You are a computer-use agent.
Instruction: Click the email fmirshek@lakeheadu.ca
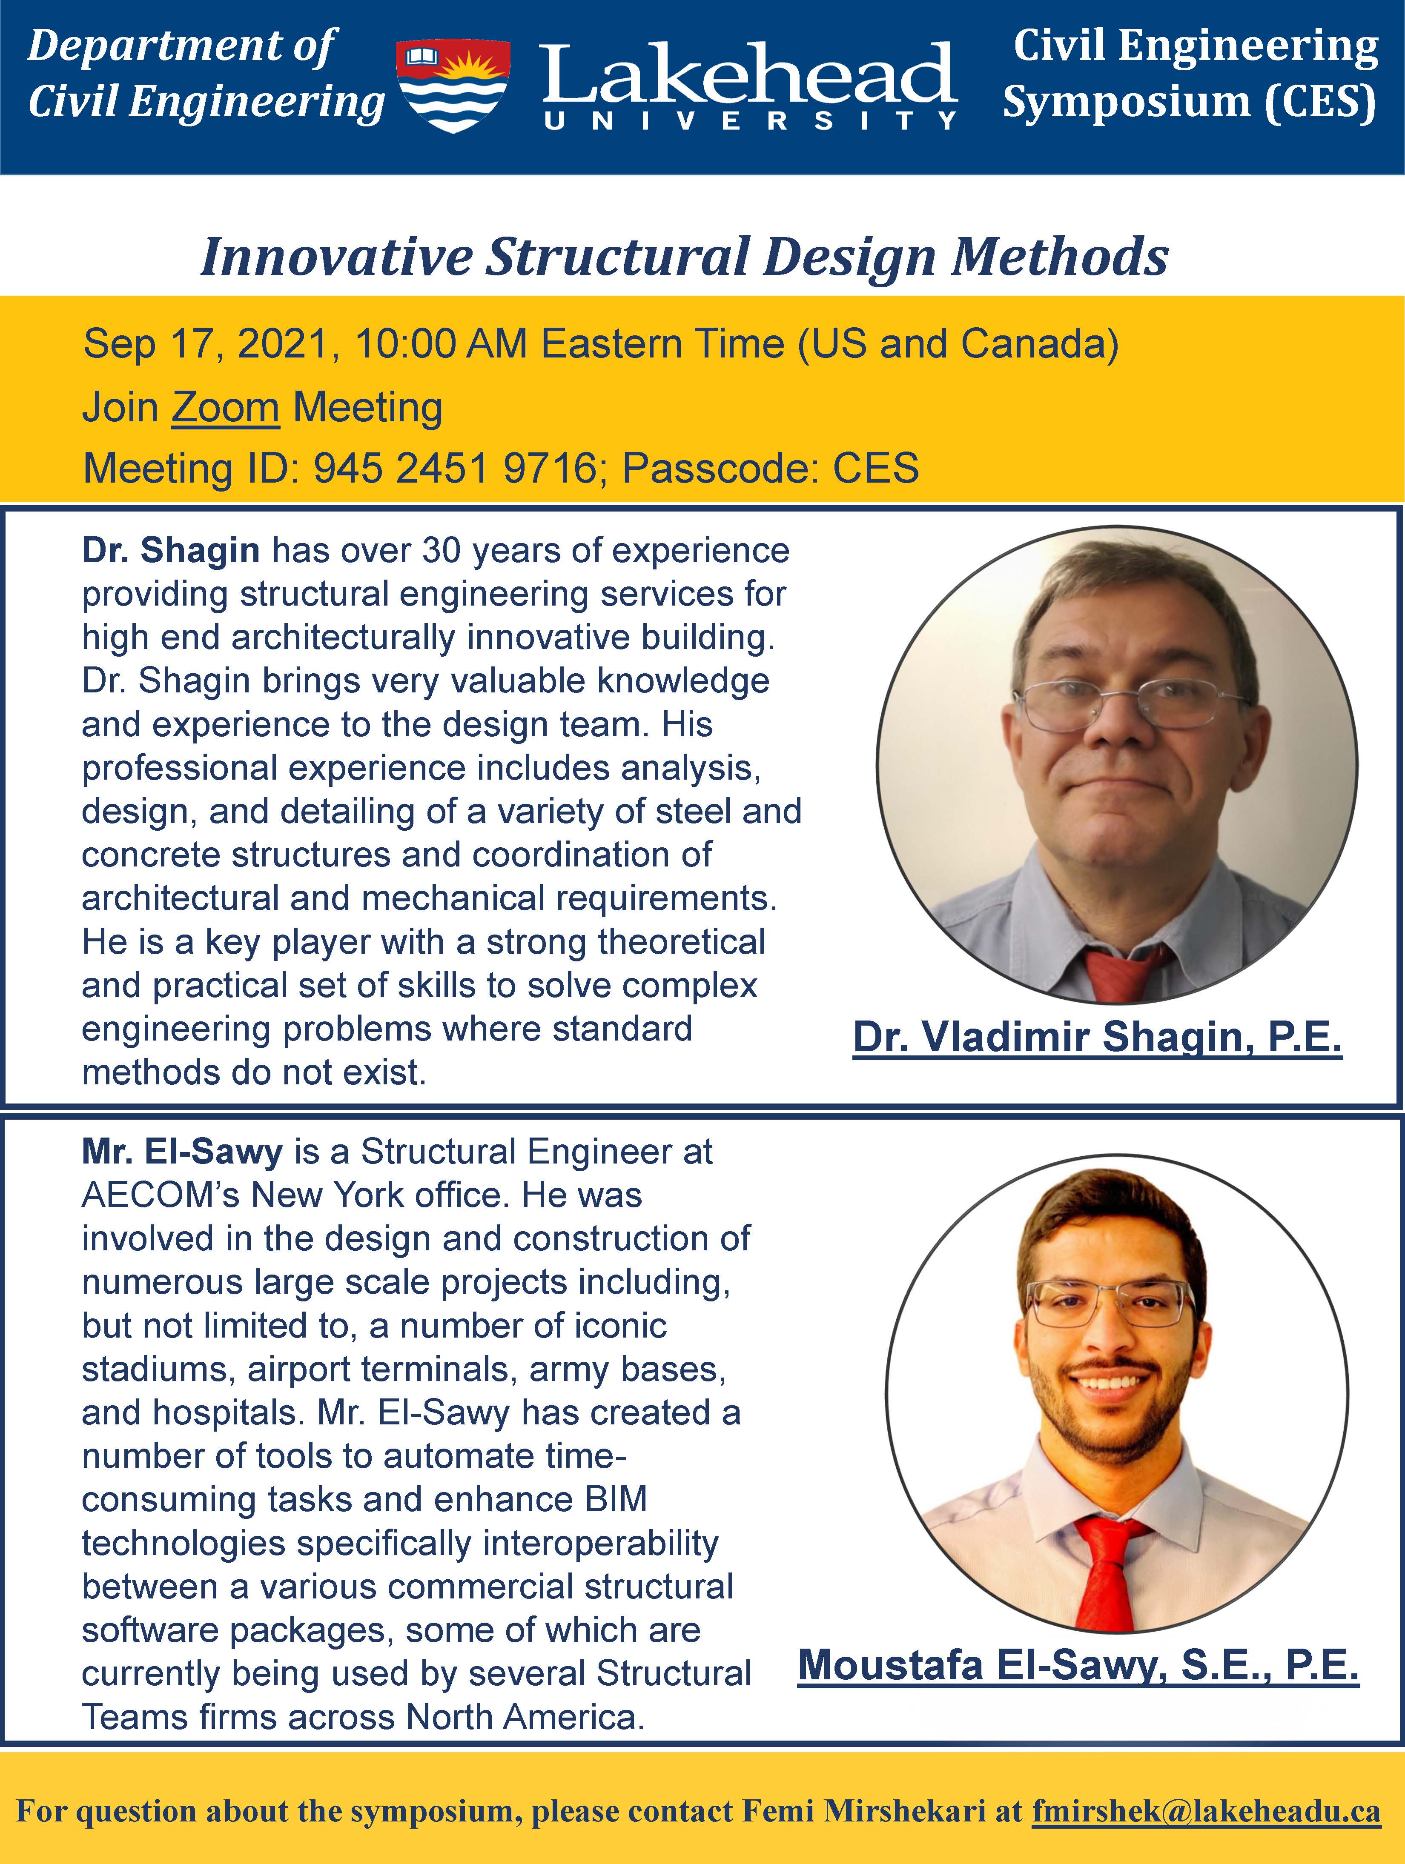pyautogui.click(x=1206, y=1811)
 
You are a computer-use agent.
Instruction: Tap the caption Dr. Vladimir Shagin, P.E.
pyautogui.click(x=1097, y=1038)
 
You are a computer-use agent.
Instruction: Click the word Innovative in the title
pyautogui.click(x=336, y=257)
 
